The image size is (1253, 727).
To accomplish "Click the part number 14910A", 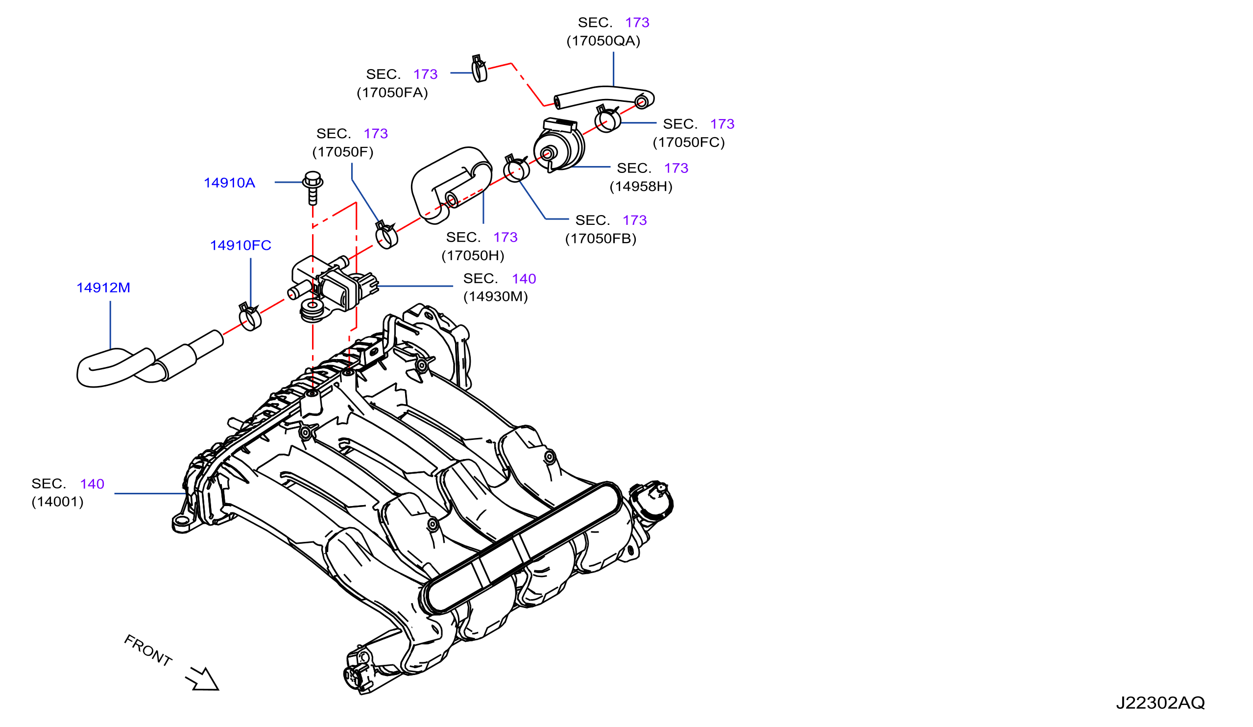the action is pos(229,183).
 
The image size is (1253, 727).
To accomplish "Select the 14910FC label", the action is pos(241,245).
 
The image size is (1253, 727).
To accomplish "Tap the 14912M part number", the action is pos(103,288).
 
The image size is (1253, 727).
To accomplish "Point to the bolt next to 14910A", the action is pos(313,188).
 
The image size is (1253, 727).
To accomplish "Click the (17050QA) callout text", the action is pos(603,41).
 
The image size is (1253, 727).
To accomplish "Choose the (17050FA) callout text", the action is pos(392,93).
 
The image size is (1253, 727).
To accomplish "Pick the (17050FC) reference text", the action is pos(689,143).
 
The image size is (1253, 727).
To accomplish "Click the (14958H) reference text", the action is pos(641,187).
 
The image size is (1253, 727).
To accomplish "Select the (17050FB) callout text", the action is pos(601,239).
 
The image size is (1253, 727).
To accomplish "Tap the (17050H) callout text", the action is pos(473,256).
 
